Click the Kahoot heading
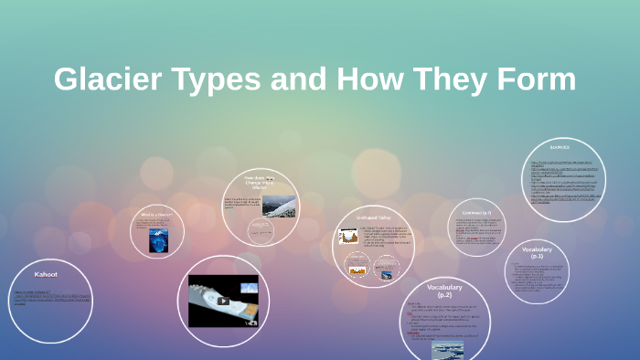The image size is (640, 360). coord(46,274)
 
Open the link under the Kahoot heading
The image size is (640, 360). coord(51,297)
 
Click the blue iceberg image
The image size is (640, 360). coord(158,239)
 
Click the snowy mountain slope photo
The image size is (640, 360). coord(279,205)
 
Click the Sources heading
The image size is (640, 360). coord(560,147)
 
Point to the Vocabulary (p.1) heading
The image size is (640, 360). coord(538,252)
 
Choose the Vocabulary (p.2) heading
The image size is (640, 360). coord(444,291)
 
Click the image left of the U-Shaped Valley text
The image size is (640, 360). coord(348,236)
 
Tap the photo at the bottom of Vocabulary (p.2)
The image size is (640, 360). coord(447,349)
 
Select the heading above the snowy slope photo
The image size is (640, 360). coord(260,180)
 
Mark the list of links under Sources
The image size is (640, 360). coord(567,183)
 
